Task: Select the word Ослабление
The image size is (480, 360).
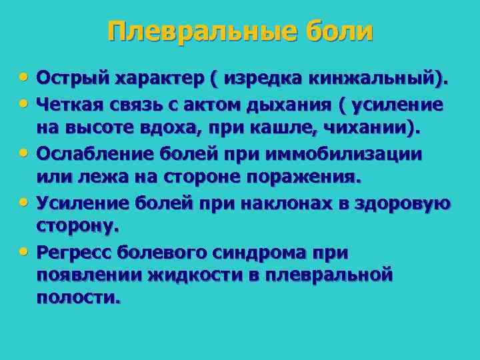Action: (91, 154)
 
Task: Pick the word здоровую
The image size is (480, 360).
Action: (405, 203)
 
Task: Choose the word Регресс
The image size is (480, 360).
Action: (74, 253)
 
